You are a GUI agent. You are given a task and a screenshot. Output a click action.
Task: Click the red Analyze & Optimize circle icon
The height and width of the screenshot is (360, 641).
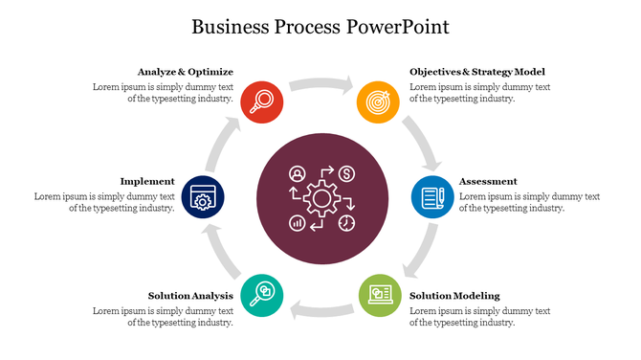pos(260,101)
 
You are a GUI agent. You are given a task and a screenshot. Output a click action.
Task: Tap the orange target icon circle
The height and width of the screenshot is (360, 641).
pos(377,101)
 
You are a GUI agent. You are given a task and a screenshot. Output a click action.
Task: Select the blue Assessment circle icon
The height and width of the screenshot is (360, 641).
pos(432,196)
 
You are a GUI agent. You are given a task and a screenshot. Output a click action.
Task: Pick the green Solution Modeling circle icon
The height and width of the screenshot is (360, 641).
pos(378,294)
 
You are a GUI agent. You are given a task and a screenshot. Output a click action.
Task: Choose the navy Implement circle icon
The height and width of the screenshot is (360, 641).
pos(202,196)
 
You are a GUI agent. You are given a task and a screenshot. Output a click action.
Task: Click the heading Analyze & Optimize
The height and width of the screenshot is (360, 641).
pos(186,72)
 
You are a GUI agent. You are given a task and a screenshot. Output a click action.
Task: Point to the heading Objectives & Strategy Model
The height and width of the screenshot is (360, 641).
pos(477,72)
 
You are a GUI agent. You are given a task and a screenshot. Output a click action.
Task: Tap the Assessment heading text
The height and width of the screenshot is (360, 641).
pos(488,181)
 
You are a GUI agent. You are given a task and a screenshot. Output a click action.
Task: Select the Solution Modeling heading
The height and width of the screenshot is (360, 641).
pos(454,296)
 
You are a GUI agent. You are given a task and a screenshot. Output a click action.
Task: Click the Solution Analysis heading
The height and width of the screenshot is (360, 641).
pos(190,296)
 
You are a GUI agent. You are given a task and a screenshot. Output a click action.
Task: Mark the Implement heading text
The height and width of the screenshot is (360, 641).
pos(147,181)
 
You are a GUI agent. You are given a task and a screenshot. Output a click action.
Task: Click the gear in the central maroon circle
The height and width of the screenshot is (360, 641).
pos(320,198)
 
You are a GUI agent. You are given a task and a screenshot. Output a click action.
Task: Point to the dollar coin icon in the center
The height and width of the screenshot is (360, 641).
pos(346,174)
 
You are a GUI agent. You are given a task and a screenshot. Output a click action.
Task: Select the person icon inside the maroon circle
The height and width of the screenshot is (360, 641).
pos(297,174)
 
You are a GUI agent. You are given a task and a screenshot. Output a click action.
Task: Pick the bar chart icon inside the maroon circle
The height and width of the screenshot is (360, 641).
pos(297,222)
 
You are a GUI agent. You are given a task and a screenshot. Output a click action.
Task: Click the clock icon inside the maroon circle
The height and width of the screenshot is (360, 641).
pos(346,222)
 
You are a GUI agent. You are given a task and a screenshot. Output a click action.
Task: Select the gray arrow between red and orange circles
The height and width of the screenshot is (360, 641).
pos(320,84)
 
